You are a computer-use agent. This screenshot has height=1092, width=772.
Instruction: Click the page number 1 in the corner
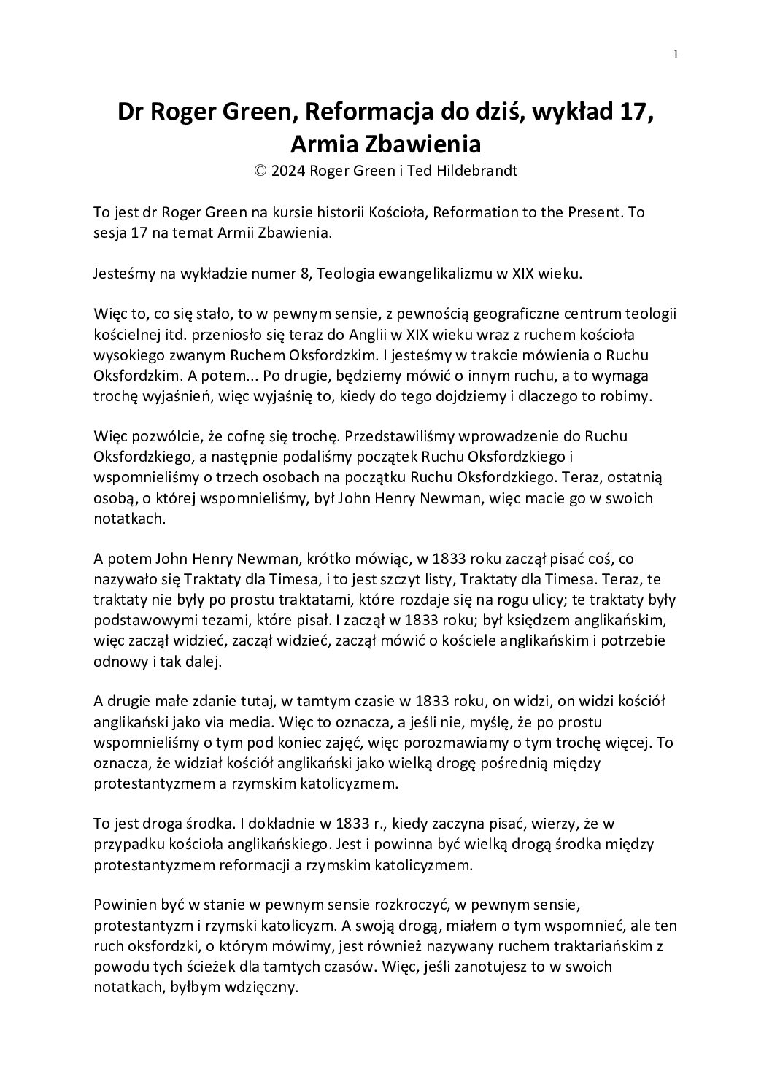(676, 53)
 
